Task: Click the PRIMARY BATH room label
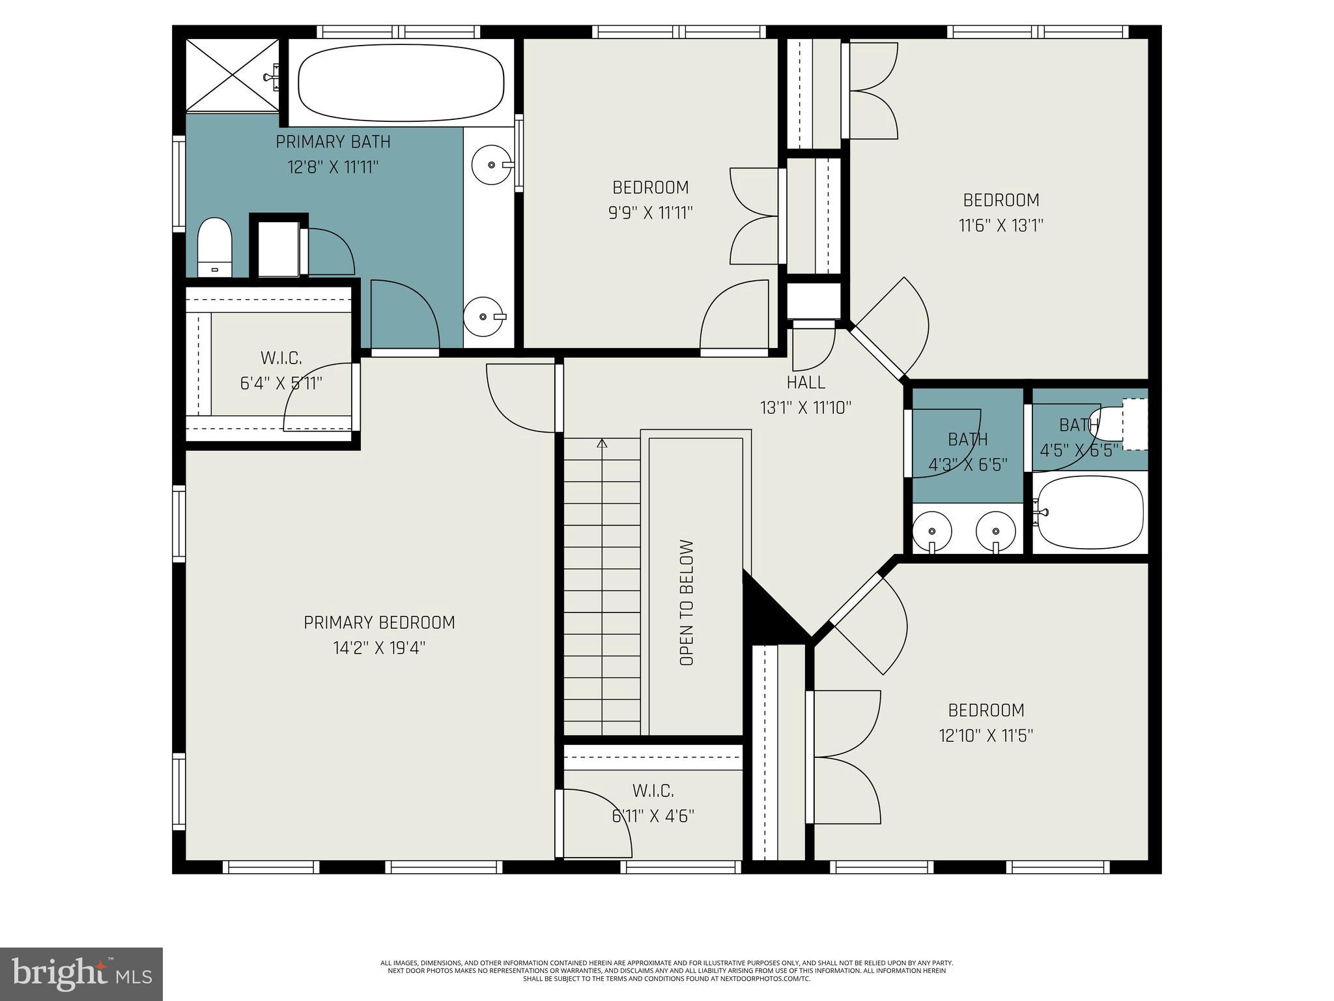click(x=333, y=142)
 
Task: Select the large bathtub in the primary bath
click(x=401, y=83)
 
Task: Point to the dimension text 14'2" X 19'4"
click(x=379, y=648)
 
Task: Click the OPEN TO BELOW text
click(x=687, y=603)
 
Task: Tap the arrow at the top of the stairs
click(x=602, y=444)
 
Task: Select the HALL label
click(x=806, y=383)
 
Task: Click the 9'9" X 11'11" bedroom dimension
click(x=650, y=213)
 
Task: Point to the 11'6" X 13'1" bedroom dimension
click(x=1001, y=226)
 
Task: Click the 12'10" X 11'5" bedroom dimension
click(x=986, y=736)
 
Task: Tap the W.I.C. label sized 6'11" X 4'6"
click(x=653, y=791)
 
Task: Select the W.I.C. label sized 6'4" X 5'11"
click(x=281, y=358)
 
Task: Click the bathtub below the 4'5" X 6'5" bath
click(x=1090, y=512)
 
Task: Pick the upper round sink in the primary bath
click(x=490, y=165)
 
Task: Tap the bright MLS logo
click(x=81, y=974)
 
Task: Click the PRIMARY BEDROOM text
click(x=379, y=622)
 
